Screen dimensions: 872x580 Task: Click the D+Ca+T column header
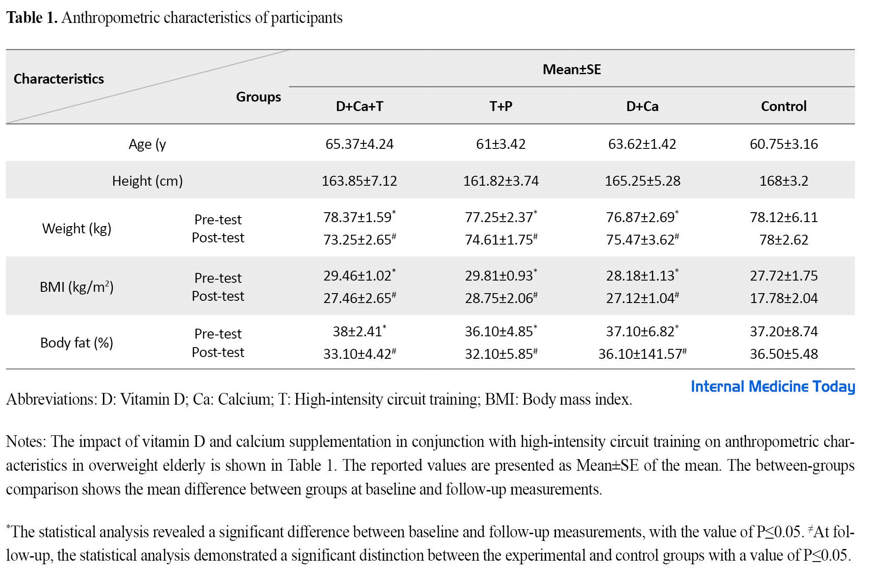pos(360,106)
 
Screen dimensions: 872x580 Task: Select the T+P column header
pos(501,106)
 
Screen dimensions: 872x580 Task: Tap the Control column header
pos(783,106)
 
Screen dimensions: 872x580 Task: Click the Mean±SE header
pos(572,69)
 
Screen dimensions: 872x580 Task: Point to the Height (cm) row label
pos(147,181)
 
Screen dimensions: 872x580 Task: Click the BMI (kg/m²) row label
pos(76,286)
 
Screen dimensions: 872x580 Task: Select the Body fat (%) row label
pos(76,343)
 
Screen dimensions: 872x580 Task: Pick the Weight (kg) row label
pos(76,228)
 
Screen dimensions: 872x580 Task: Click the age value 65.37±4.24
pos(360,144)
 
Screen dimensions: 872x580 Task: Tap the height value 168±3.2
pos(783,181)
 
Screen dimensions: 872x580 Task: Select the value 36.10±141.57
pos(642,353)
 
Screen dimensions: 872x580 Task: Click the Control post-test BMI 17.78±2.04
pos(783,298)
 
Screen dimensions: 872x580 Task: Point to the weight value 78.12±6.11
pos(783,217)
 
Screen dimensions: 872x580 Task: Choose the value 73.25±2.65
pos(360,239)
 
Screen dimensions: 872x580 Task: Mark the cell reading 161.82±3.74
pos(501,181)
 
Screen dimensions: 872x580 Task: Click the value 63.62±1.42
pos(642,144)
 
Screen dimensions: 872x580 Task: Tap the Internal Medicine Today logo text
pos(773,386)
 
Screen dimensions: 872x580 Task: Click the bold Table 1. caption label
pos(32,18)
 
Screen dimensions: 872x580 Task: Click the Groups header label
pos(258,97)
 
